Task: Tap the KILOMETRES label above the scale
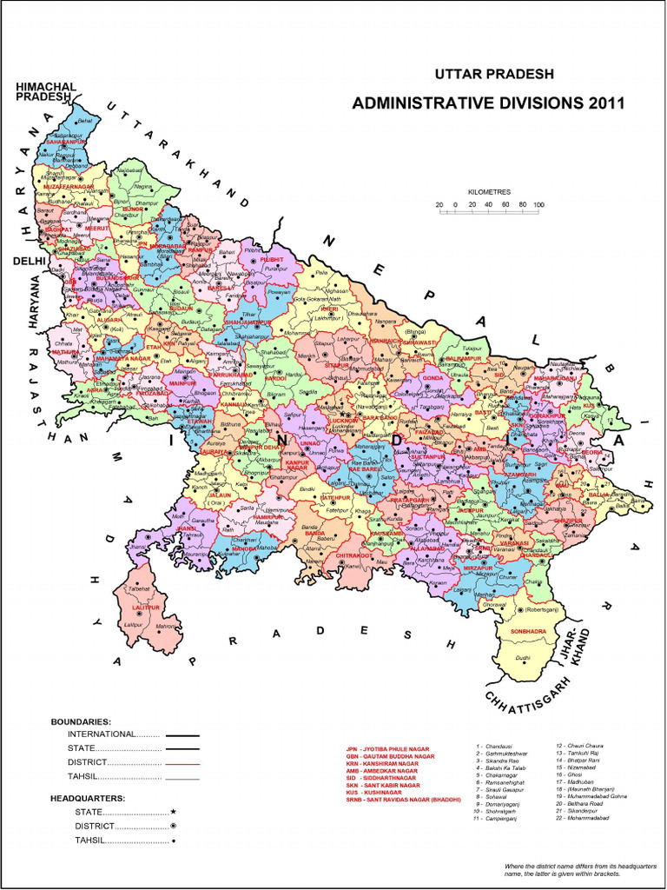[x=490, y=190]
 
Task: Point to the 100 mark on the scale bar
[x=538, y=205]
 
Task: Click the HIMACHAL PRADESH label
[x=45, y=91]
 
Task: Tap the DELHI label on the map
[x=28, y=260]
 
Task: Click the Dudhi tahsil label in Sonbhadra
[x=522, y=658]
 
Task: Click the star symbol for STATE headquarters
[x=174, y=811]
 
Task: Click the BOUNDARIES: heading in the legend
[x=81, y=721]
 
